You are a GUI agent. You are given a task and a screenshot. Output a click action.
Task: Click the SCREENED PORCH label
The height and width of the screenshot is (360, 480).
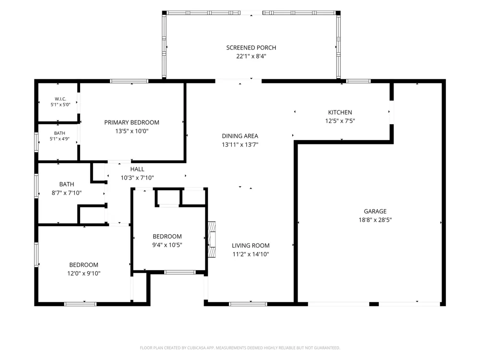point(251,48)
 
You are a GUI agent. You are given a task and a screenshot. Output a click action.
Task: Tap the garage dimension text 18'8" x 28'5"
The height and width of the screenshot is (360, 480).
point(375,220)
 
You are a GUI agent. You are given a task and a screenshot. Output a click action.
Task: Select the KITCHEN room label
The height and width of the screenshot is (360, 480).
point(340,112)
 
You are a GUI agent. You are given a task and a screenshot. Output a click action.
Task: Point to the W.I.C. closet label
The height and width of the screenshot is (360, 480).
point(60,99)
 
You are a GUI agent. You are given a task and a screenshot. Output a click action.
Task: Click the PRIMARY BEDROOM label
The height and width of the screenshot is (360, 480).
point(132,122)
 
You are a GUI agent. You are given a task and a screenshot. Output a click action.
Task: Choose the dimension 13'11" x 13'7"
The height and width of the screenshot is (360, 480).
point(240,144)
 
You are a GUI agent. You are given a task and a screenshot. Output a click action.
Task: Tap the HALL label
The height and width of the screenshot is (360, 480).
point(137,169)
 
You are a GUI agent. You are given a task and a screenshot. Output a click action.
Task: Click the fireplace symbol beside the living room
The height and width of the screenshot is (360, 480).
point(212,240)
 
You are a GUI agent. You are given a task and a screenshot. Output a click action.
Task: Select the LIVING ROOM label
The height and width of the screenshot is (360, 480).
point(251,245)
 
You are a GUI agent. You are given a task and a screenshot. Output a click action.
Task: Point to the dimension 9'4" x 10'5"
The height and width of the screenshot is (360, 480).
point(167,245)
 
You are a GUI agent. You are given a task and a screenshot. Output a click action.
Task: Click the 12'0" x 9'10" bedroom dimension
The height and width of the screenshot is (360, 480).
point(84,274)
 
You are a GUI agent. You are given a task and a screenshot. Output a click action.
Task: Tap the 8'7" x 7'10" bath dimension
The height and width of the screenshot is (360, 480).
point(66,193)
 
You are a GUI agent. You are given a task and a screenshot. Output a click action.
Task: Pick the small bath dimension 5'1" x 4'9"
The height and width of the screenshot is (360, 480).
point(60,139)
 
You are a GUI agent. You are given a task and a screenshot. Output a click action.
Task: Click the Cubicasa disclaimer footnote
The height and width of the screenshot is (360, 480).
point(240,348)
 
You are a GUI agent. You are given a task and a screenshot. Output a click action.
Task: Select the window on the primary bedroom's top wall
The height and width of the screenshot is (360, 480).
point(129,81)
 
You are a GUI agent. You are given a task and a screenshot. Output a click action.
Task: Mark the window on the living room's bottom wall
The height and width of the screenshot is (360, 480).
point(248,304)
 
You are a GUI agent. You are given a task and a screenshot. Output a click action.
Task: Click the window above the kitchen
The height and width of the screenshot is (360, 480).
point(358,81)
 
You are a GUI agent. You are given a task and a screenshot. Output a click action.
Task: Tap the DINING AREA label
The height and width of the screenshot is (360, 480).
point(240,136)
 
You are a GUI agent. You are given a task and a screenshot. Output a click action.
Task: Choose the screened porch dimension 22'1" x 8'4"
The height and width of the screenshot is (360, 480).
point(251,56)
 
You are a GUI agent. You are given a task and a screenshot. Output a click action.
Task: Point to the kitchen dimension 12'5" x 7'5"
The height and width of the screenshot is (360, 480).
point(340,121)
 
